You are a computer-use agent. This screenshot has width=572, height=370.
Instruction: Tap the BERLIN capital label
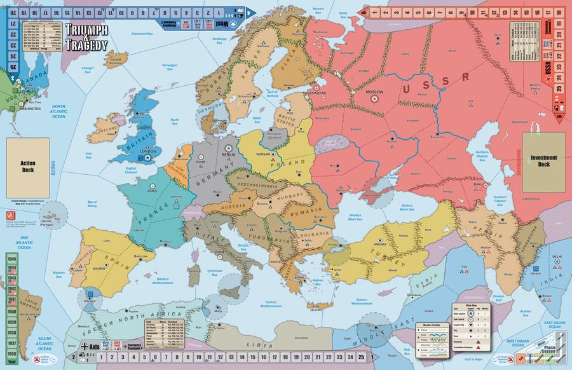[x=229, y=154]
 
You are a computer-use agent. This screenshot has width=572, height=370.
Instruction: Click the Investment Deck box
[x=543, y=161]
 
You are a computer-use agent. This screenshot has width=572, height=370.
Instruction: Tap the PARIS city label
[x=153, y=189]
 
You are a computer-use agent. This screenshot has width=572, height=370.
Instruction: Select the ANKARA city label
[x=379, y=243]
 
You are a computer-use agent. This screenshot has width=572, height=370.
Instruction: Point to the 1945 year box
[x=12, y=259]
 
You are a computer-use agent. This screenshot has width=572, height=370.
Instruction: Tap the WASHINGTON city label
[x=30, y=108]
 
